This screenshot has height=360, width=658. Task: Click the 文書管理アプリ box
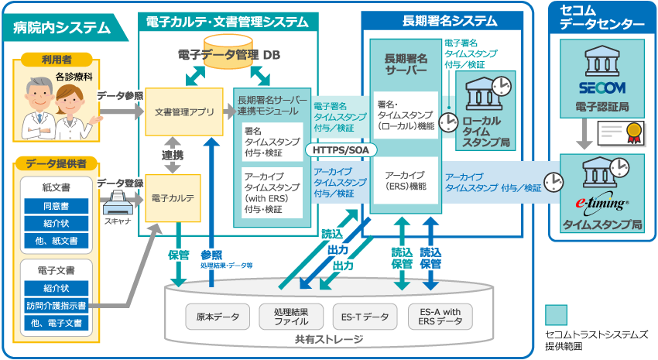coord(179,111)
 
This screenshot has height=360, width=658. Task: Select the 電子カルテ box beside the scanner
coord(179,198)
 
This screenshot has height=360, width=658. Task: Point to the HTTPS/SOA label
coord(338,149)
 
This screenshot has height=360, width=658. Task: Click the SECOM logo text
coord(601,87)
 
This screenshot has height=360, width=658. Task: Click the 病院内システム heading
coord(62,29)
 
